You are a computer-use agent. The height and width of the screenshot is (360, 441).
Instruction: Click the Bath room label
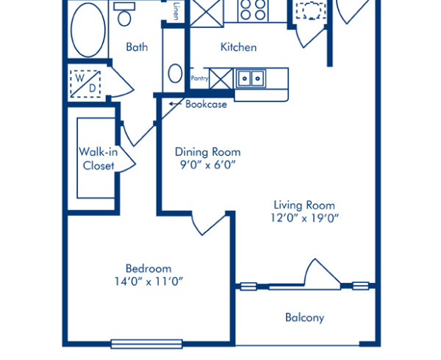coord(137,47)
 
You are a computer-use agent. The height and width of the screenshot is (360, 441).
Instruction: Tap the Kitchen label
coord(239,47)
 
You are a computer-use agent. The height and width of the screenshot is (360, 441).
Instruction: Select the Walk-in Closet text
coord(98,159)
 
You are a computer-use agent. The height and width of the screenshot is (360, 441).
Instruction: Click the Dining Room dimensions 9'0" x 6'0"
coord(207,165)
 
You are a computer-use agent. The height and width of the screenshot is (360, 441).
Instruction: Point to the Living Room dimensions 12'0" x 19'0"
coord(304,218)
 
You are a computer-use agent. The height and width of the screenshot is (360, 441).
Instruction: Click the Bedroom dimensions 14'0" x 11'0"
coord(148,281)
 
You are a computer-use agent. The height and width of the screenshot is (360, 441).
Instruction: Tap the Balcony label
coord(304,318)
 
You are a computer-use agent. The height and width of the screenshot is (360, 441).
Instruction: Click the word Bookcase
coord(206,104)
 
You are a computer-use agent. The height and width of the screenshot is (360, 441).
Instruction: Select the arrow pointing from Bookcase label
coord(175,104)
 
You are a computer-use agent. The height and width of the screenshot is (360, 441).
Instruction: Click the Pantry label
coord(199,77)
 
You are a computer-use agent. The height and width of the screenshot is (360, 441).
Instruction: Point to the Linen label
coord(177,11)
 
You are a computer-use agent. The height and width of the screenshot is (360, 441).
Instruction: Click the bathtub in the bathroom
coord(89,29)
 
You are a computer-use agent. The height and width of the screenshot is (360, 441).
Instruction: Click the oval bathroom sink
coord(176,73)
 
